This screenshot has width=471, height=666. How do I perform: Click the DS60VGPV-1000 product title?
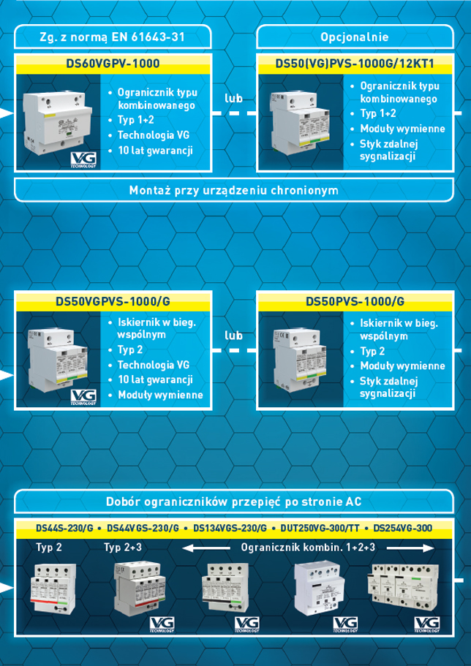click(113, 64)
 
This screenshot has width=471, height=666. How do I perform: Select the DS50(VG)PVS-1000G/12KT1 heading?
click(355, 64)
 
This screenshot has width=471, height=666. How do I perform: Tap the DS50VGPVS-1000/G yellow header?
click(113, 301)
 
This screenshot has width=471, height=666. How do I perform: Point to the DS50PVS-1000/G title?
click(355, 301)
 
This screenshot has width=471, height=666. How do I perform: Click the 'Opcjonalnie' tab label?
click(355, 37)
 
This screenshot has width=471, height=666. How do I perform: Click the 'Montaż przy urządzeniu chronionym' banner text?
click(233, 190)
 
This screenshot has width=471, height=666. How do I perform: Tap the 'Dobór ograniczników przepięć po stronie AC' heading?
click(233, 502)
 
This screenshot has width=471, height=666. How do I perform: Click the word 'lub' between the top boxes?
click(233, 97)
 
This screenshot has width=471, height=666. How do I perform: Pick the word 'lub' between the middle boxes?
click(233, 336)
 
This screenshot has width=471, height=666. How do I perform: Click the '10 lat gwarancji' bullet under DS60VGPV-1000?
click(154, 151)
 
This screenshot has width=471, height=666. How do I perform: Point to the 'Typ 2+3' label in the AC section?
click(123, 546)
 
